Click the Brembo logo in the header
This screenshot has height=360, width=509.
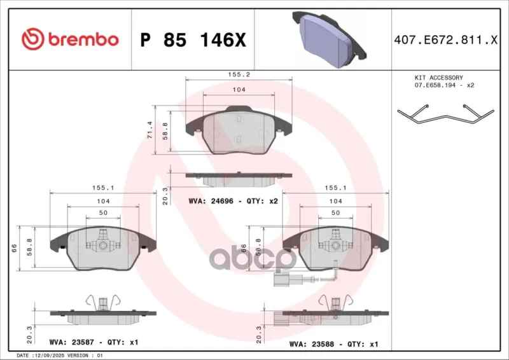70,39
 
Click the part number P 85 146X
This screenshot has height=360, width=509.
193,40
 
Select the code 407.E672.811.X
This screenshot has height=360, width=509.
445,40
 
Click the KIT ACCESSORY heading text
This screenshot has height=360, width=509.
438,78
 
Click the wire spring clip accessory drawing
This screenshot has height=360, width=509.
446,114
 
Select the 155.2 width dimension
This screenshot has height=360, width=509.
239,74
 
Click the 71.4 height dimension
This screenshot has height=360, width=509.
150,130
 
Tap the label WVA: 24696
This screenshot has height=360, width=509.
211,201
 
